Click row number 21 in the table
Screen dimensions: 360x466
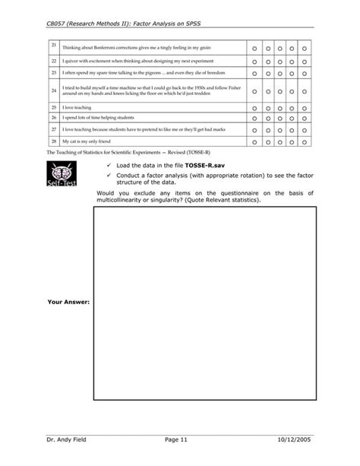point(54,47)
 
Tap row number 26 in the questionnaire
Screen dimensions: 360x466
point(54,118)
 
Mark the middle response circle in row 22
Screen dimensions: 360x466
point(279,60)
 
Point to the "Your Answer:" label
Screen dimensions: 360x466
point(68,302)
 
